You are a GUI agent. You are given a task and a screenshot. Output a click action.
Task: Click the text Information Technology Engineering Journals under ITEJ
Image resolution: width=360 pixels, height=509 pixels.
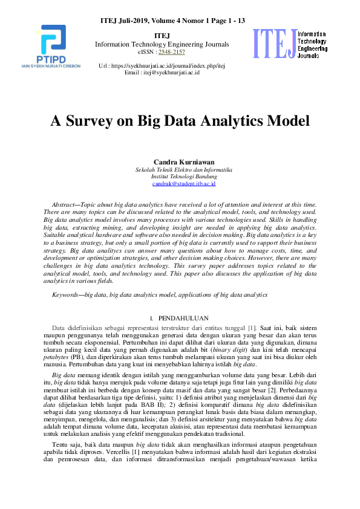click(x=162, y=44)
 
